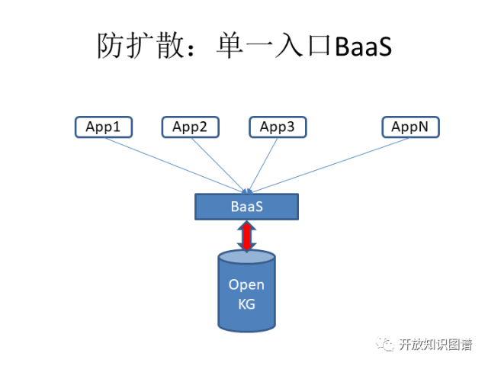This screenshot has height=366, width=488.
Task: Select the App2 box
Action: [x=190, y=127]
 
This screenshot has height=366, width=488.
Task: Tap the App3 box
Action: [x=278, y=127]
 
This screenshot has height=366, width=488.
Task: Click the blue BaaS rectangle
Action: [x=246, y=207]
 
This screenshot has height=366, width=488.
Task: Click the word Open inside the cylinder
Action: [x=246, y=284]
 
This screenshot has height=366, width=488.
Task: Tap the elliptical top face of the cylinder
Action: [x=246, y=257]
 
